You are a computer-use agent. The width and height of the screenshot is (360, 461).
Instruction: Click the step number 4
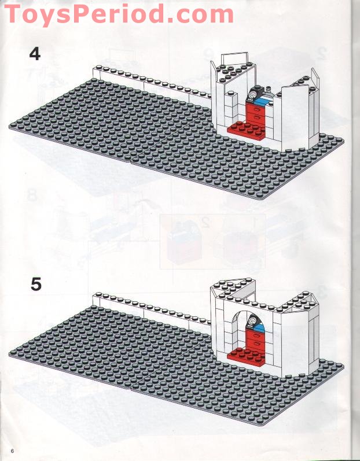[35, 54]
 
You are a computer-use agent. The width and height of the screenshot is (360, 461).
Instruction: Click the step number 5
[36, 285]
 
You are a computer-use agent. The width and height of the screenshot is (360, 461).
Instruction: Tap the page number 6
[12, 451]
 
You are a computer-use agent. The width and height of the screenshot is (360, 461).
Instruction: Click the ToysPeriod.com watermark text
[119, 14]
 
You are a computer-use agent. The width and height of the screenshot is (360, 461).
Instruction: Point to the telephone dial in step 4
[252, 95]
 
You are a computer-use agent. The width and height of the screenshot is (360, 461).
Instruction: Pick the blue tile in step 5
[260, 327]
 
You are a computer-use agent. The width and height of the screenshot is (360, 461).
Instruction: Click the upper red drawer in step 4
[255, 109]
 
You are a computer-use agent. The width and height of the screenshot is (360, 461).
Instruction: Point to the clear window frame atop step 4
[235, 58]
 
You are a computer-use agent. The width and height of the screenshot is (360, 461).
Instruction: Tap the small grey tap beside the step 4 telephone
[268, 89]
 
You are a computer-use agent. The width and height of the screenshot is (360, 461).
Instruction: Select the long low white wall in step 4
[152, 84]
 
